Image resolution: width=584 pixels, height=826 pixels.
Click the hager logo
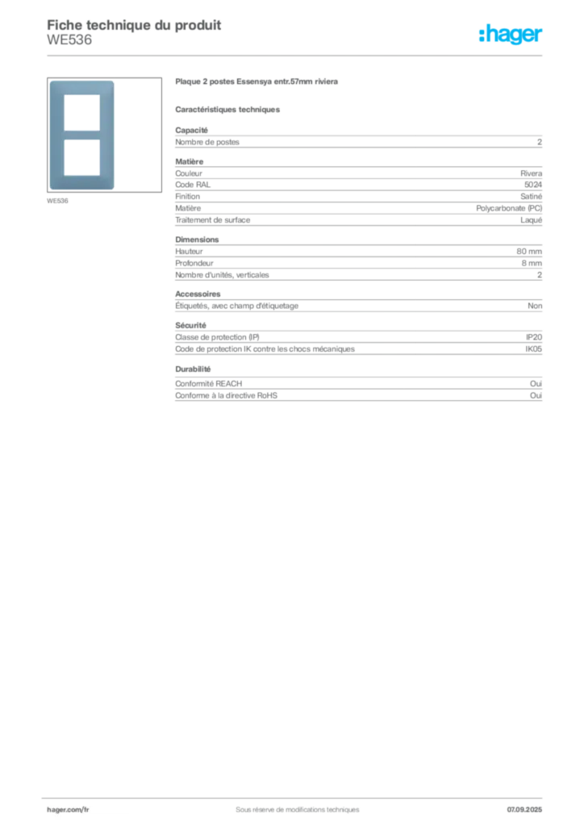(511, 34)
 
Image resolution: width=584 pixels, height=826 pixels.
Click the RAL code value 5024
(533, 185)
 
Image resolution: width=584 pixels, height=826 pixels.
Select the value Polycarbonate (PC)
(509, 208)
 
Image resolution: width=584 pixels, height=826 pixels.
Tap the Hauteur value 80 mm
(528, 252)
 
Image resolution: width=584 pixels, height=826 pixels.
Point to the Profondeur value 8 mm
(532, 263)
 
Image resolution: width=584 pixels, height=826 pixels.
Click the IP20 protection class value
(533, 337)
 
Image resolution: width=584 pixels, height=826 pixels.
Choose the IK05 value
(533, 348)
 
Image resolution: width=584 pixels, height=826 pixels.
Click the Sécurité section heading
(190, 326)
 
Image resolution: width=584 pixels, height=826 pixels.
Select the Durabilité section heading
(193, 369)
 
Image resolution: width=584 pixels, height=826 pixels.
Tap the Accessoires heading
(198, 294)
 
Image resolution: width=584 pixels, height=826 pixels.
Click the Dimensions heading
(197, 239)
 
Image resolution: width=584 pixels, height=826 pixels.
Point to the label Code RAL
(193, 185)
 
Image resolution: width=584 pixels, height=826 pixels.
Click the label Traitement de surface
(213, 220)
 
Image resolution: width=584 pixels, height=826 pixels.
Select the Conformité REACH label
(209, 383)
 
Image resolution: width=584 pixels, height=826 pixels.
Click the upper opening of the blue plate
(81, 113)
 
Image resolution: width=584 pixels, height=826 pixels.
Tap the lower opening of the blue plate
(81, 157)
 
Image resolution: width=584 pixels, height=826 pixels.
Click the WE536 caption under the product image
(57, 201)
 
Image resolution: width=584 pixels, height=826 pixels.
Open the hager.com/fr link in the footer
(68, 810)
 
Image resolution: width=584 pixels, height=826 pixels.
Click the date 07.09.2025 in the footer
(524, 810)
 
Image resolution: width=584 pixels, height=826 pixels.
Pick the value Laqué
(531, 220)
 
